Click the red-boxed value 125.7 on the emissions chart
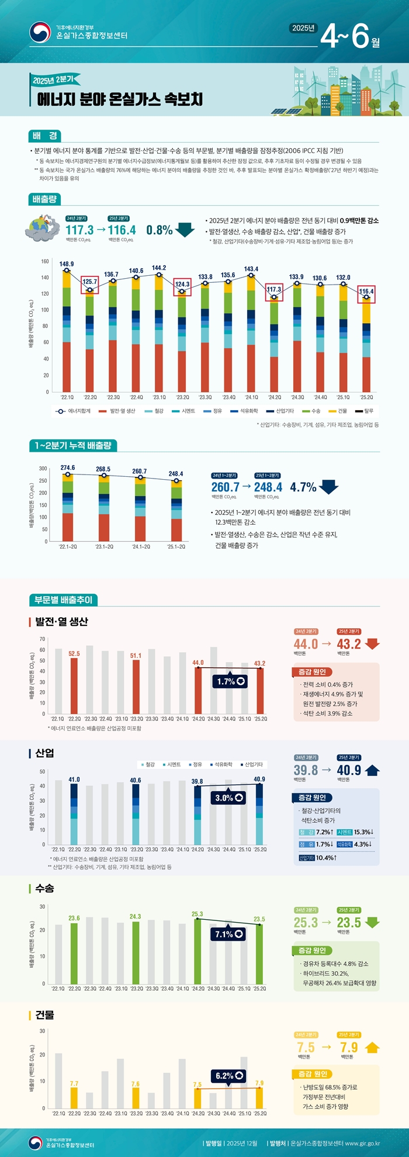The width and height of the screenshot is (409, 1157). (x=90, y=282)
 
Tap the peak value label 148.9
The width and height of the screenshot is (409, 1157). (x=67, y=264)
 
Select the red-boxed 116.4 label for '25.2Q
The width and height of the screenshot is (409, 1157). (x=366, y=292)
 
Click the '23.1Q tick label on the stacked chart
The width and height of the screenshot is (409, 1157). (x=159, y=397)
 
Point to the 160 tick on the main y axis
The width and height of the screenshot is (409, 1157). (x=45, y=261)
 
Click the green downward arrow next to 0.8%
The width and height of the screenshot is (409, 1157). (x=185, y=230)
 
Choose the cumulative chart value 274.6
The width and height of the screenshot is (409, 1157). (x=68, y=468)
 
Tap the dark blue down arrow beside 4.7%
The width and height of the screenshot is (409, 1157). (x=329, y=487)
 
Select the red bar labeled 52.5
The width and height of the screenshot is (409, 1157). (x=74, y=687)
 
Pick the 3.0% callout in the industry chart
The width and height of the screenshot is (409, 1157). (x=230, y=798)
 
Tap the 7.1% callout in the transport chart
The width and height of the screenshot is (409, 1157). (x=229, y=934)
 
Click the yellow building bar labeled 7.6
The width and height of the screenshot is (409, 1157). (x=136, y=1098)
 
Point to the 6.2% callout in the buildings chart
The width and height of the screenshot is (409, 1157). (x=230, y=1076)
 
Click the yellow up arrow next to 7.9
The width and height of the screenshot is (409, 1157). (x=372, y=1048)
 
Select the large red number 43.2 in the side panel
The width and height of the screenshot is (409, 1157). (x=349, y=644)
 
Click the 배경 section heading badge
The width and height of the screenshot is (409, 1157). (x=45, y=136)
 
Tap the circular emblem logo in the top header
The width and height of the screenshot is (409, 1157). (x=40, y=32)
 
